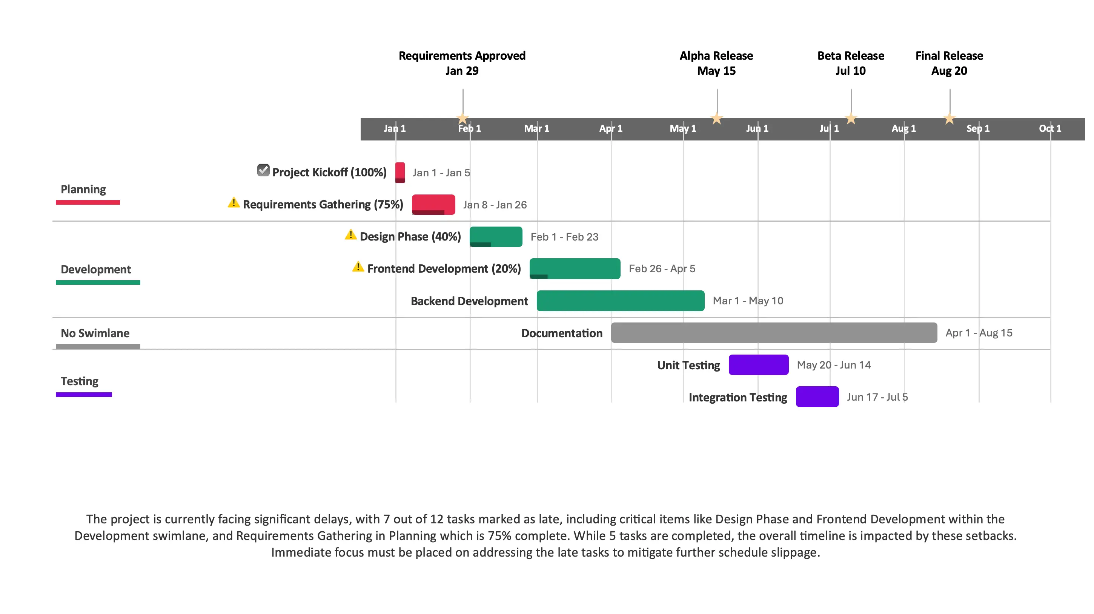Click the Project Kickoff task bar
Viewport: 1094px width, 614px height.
pyautogui.click(x=399, y=172)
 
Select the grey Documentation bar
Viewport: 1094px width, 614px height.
pyautogui.click(x=774, y=333)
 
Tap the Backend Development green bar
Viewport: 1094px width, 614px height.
pyautogui.click(x=620, y=301)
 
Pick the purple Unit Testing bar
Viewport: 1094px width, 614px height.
pyautogui.click(x=758, y=365)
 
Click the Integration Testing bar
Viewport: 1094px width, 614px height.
pyautogui.click(x=817, y=397)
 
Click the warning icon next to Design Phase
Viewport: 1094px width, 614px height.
pyautogui.click(x=350, y=235)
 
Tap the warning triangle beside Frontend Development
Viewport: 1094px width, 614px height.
pyautogui.click(x=358, y=267)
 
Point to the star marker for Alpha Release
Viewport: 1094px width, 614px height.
pyautogui.click(x=716, y=119)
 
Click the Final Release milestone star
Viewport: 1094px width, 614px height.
pyautogui.click(x=949, y=119)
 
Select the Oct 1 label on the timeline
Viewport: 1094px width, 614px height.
pyautogui.click(x=1049, y=128)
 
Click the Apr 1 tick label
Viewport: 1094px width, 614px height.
pyautogui.click(x=610, y=128)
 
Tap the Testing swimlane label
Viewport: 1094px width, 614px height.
pyautogui.click(x=80, y=381)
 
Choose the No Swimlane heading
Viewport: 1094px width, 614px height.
pyautogui.click(x=95, y=333)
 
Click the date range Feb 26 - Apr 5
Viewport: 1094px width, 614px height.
pyautogui.click(x=662, y=269)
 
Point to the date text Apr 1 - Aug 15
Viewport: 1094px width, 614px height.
pyautogui.click(x=979, y=333)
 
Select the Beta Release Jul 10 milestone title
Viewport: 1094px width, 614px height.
pyautogui.click(x=850, y=63)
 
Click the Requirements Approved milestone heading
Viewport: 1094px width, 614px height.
pyautogui.click(x=462, y=63)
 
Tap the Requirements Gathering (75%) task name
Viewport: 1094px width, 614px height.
pyautogui.click(x=323, y=205)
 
